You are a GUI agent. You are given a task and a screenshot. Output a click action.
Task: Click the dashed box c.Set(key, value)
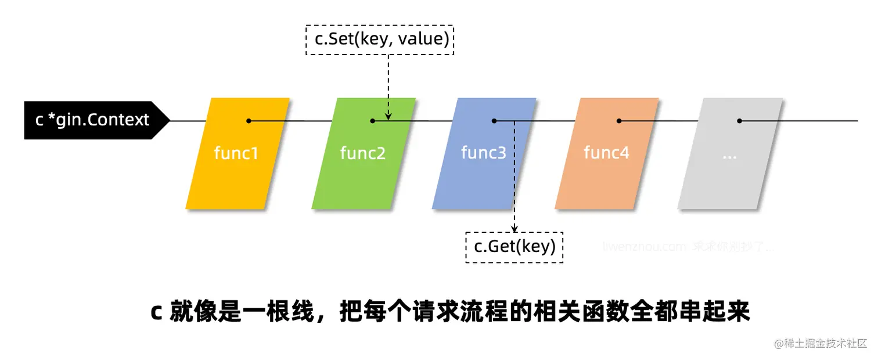(379, 40)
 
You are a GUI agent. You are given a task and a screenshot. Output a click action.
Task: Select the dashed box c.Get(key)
(514, 247)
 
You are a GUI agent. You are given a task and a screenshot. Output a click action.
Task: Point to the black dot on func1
(249, 121)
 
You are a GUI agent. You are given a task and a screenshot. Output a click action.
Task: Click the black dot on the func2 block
(373, 121)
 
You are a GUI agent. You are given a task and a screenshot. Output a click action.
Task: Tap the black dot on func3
(494, 121)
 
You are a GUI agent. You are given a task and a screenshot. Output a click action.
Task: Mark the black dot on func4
(619, 121)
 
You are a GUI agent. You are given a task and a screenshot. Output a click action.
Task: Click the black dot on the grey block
(739, 121)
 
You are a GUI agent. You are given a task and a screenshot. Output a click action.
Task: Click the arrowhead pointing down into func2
(388, 116)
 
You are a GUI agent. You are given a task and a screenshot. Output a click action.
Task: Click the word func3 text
(483, 153)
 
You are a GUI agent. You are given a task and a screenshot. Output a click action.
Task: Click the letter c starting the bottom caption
(155, 312)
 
